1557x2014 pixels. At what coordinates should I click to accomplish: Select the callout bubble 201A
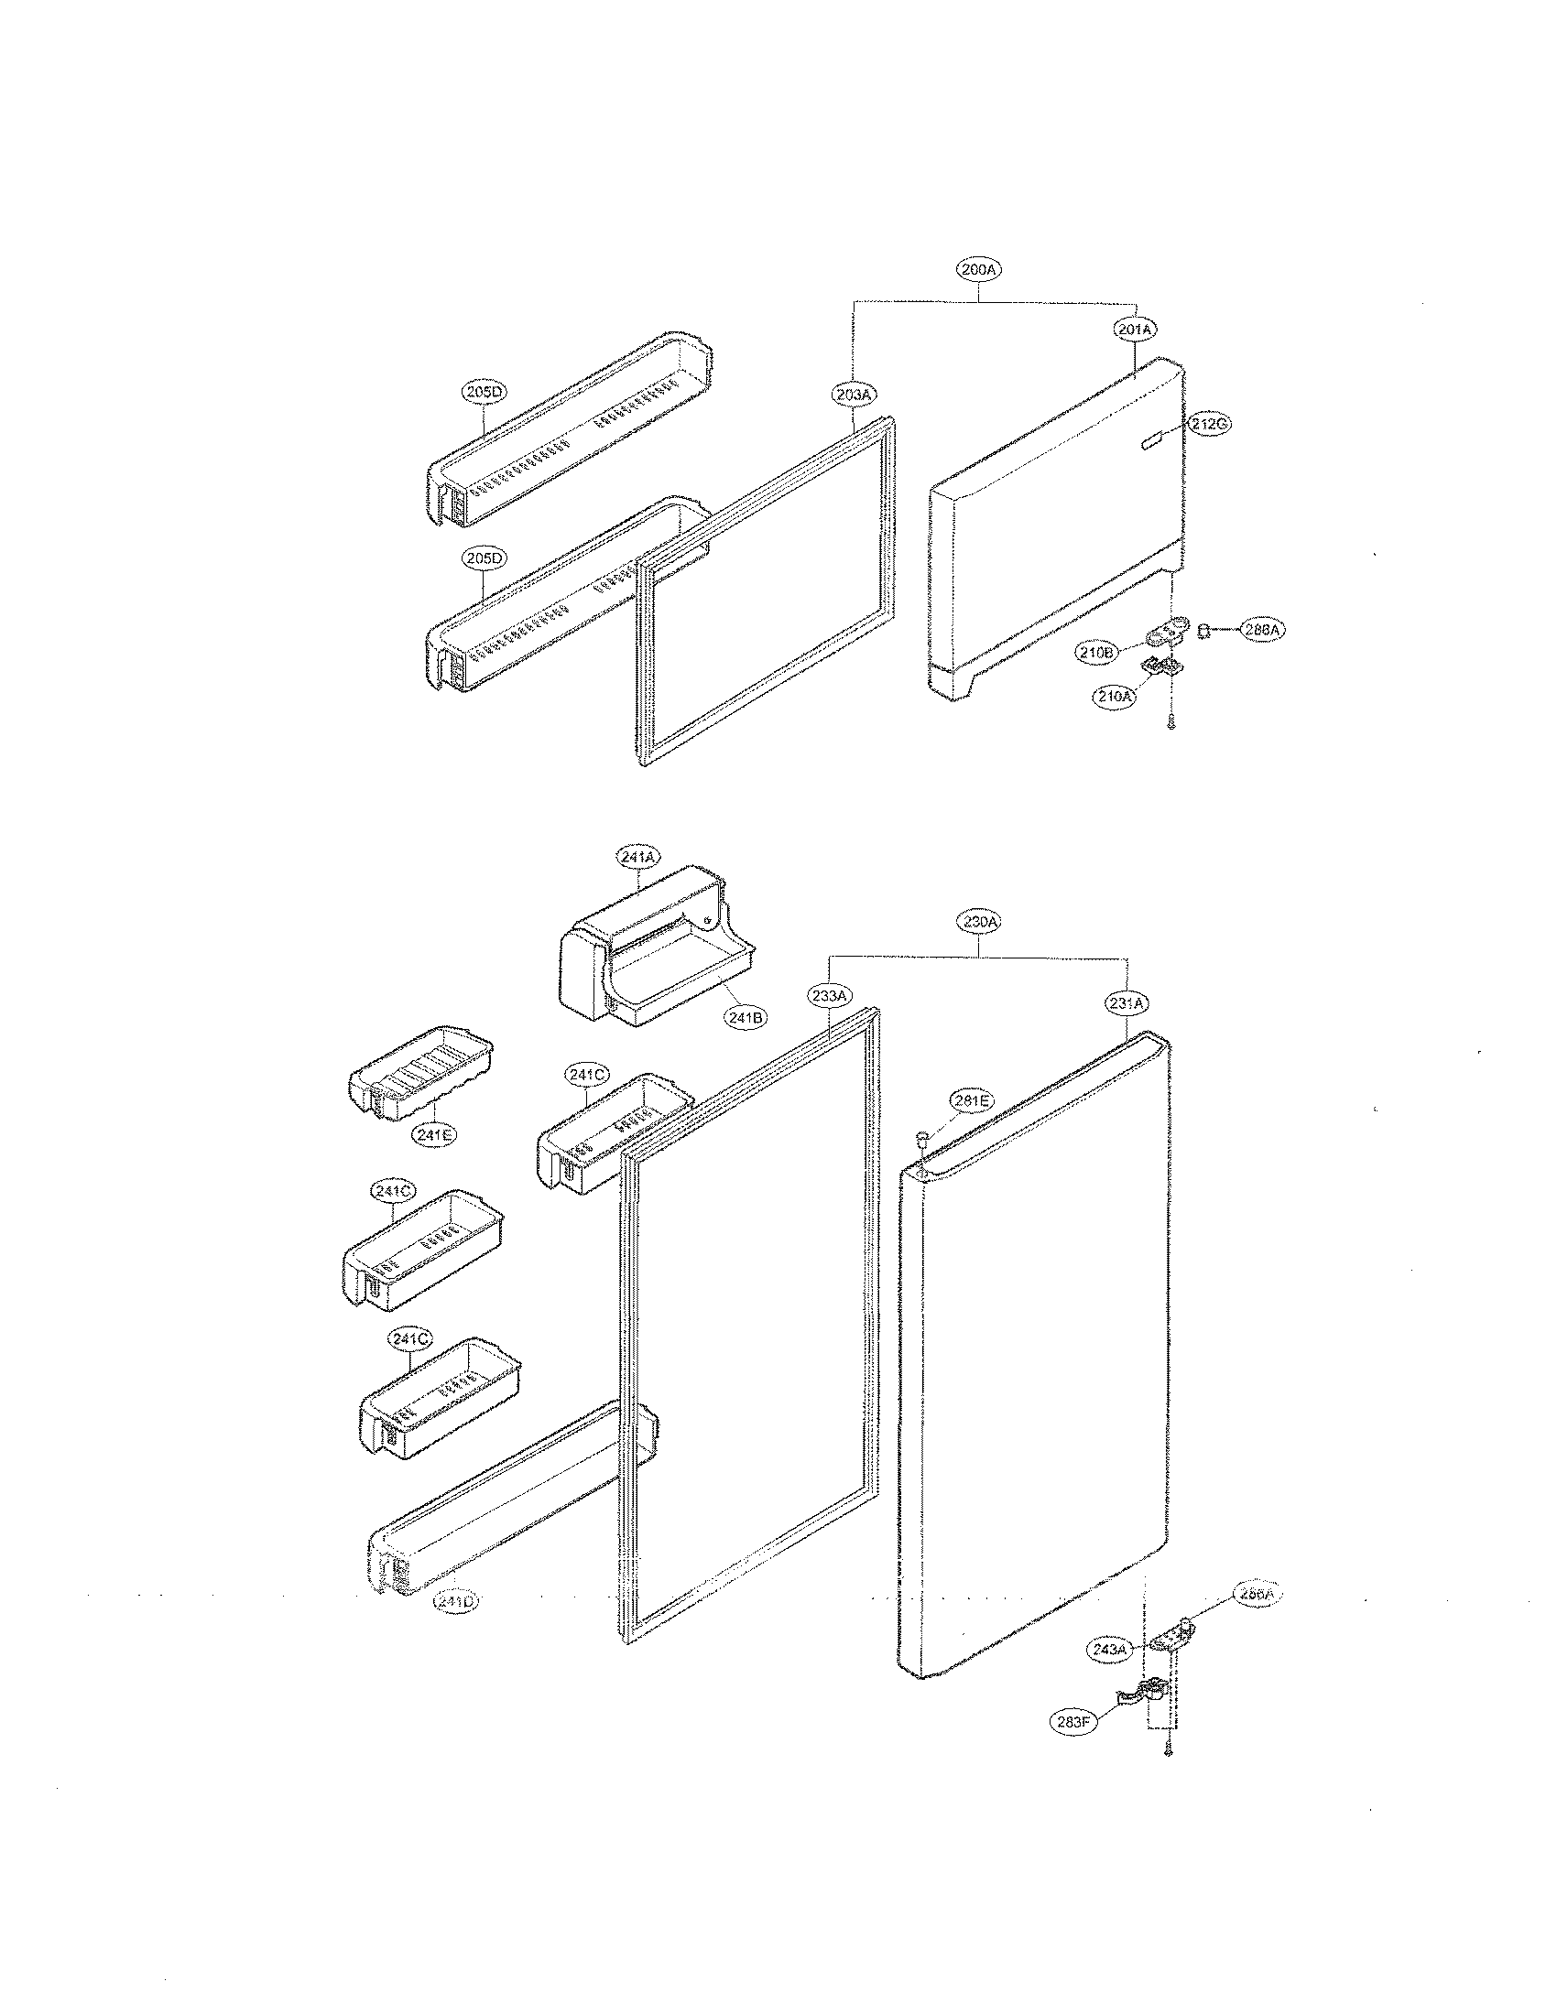pyautogui.click(x=1136, y=330)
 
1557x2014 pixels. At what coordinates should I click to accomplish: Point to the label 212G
pyautogui.click(x=1208, y=424)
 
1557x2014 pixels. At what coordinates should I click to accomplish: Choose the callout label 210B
pyautogui.click(x=1096, y=652)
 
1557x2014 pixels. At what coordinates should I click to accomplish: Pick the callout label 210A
pyautogui.click(x=1115, y=698)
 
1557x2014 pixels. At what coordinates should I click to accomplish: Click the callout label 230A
pyautogui.click(x=979, y=921)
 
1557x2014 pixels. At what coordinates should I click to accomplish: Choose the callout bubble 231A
pyautogui.click(x=1127, y=1002)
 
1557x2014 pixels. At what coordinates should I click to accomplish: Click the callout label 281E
pyautogui.click(x=972, y=1100)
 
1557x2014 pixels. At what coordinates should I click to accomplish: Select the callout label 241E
pyautogui.click(x=433, y=1135)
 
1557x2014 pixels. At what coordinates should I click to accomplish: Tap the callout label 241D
pyautogui.click(x=457, y=1602)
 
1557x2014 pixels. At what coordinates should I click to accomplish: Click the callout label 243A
pyautogui.click(x=1110, y=1650)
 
